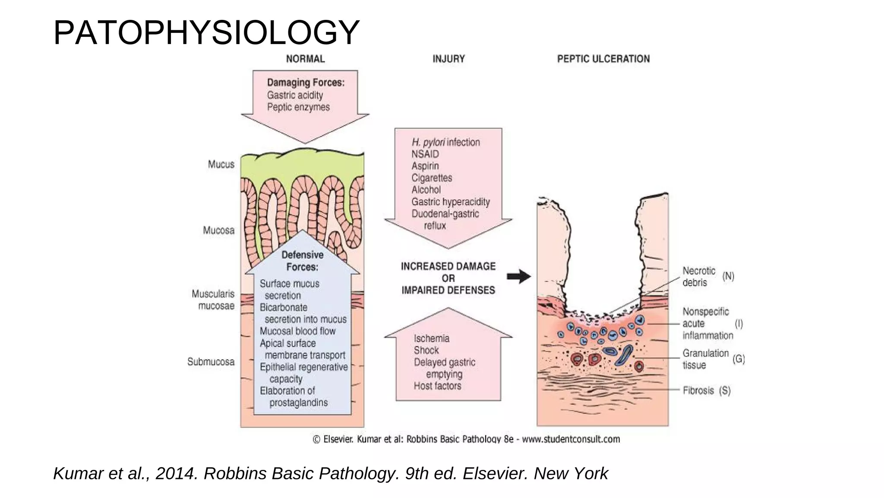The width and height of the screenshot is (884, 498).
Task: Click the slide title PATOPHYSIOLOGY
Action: coord(206,33)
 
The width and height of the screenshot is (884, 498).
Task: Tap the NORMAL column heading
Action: coord(305,59)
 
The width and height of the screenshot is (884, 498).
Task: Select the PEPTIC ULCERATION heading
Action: coord(603,59)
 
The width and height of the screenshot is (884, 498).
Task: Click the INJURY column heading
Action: coord(448,59)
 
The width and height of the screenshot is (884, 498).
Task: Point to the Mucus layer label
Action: coord(221,164)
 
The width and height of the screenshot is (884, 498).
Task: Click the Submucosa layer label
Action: coord(211,361)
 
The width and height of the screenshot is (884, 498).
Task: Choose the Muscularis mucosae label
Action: coord(213,300)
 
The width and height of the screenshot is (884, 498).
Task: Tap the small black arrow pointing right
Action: coord(518,277)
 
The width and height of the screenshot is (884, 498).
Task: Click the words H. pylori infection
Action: coord(445,142)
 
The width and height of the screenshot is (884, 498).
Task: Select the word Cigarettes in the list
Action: coord(432,178)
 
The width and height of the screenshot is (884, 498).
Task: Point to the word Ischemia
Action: coord(431,338)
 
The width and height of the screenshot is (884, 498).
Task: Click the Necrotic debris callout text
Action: coord(698,277)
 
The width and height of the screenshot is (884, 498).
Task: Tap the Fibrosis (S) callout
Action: coord(706,390)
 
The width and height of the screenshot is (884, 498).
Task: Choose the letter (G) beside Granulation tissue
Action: coord(739,359)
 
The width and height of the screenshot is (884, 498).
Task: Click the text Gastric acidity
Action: coord(295,95)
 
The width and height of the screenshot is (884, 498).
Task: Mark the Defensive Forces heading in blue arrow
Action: coord(302,261)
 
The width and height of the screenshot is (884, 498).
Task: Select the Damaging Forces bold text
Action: coord(306,83)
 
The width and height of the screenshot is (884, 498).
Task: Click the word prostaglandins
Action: coord(298,402)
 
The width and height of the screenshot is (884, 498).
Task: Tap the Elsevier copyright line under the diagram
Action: coord(466,439)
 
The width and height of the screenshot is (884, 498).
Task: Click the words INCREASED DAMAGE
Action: coord(448,266)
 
